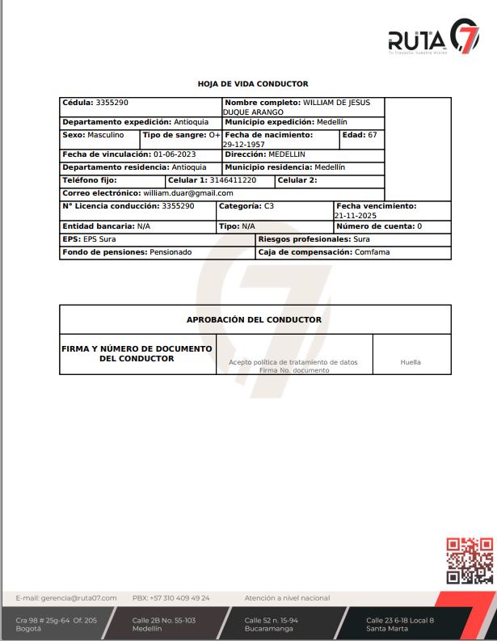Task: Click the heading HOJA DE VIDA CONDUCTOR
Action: pos(253,84)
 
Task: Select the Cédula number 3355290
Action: pos(112,103)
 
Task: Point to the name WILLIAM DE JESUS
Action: pos(336,103)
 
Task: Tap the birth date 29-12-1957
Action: pos(244,145)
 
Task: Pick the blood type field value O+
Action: pos(214,135)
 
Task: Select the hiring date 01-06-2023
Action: pos(175,154)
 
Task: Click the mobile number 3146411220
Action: pos(233,180)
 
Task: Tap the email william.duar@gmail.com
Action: pos(188,193)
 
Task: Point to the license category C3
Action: pos(269,206)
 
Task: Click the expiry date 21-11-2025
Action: pos(355,216)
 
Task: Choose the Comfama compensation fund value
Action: pos(372,252)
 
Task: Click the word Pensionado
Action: pos(171,252)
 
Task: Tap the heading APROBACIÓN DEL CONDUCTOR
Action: pos(254,320)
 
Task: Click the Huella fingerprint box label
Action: pos(411,362)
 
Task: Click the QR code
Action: pos(470,560)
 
